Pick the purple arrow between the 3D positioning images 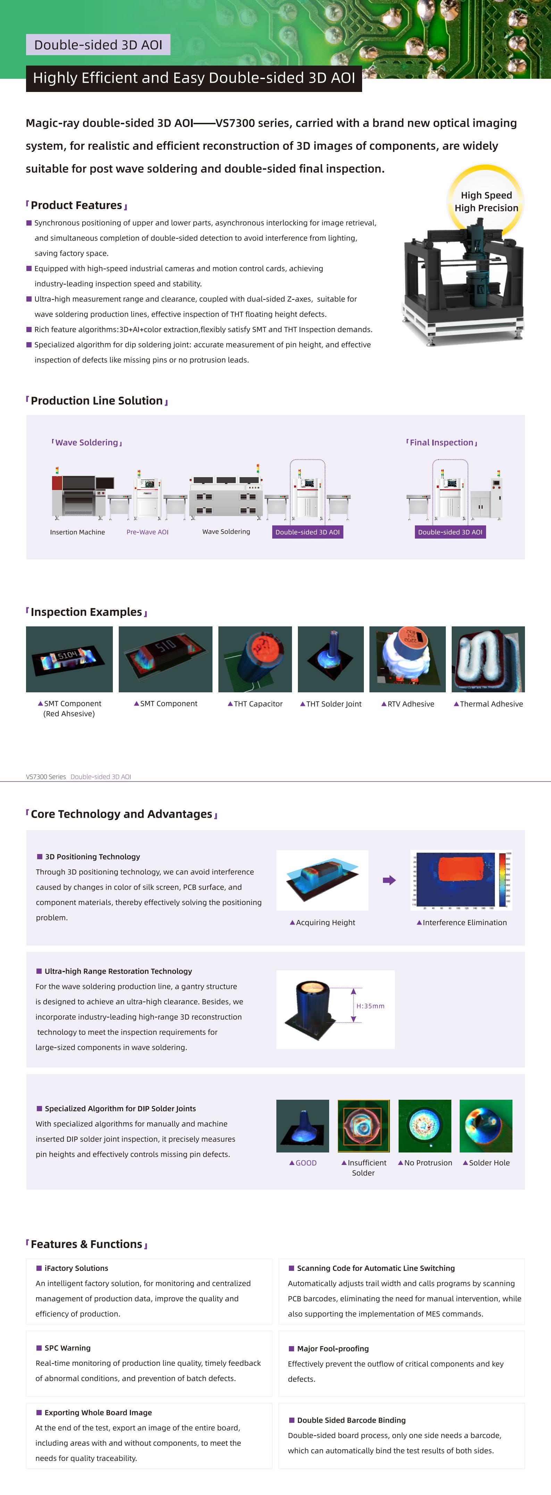click(x=389, y=880)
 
